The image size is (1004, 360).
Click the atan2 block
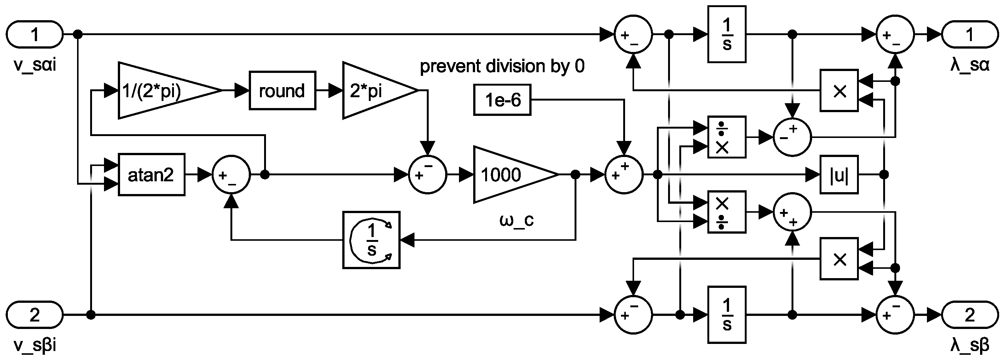click(151, 175)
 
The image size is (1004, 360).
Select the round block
click(282, 90)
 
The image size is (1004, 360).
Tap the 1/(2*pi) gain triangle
click(160, 90)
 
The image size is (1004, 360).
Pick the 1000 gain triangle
click(507, 175)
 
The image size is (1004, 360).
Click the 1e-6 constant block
click(502, 100)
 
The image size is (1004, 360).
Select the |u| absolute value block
click(839, 175)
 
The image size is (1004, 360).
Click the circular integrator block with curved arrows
click(371, 240)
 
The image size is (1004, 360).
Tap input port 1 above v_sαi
click(34, 34)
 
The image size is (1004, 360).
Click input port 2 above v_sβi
click(34, 315)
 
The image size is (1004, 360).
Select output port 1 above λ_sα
click(970, 34)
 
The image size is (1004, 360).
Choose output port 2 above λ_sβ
click(970, 315)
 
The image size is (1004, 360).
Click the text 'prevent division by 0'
click(502, 66)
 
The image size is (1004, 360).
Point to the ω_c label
click(516, 221)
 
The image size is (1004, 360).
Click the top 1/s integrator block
click(726, 34)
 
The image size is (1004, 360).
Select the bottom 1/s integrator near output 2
click(726, 315)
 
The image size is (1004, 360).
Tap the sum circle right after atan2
click(231, 175)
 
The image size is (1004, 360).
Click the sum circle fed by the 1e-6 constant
click(624, 175)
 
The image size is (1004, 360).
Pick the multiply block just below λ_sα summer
click(839, 90)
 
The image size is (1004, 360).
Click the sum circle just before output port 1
click(895, 34)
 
